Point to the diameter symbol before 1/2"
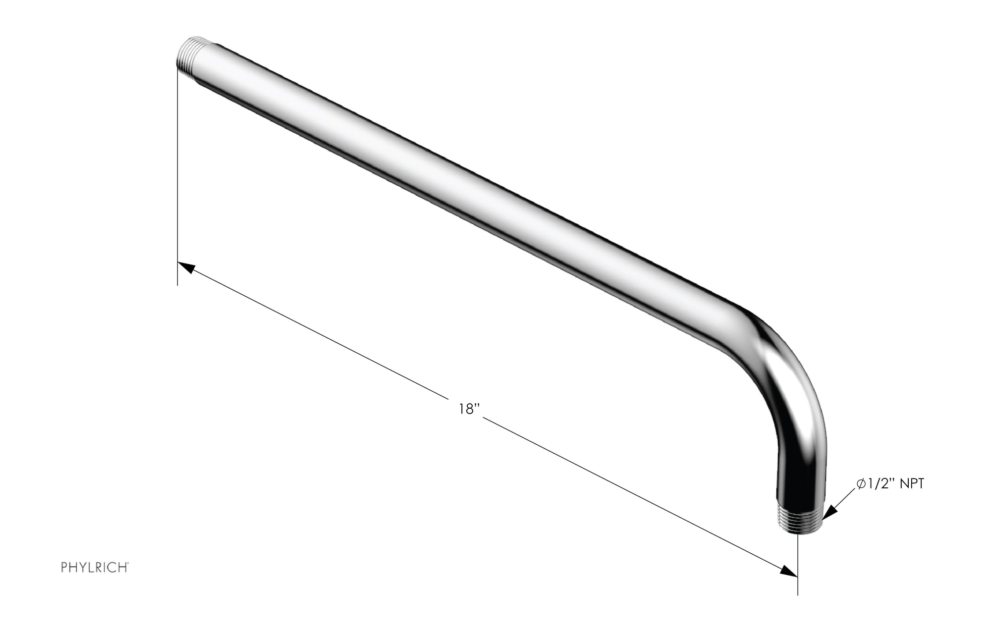(861, 484)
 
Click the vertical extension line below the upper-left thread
(177, 173)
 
